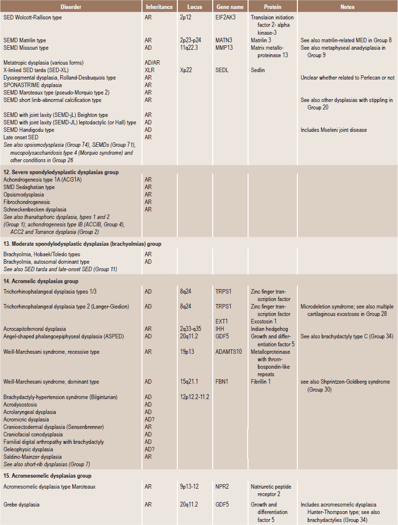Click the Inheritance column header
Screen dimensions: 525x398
tap(159, 7)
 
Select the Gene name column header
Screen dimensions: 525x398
tap(229, 7)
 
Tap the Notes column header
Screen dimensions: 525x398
tap(347, 7)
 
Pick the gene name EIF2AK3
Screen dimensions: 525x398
tap(227, 17)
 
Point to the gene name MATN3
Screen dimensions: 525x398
tap(225, 40)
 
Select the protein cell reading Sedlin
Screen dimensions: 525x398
tap(258, 70)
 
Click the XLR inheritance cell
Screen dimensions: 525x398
tap(149, 70)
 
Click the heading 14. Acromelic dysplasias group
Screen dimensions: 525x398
tap(37, 281)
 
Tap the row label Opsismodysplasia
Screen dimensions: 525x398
tap(24, 195)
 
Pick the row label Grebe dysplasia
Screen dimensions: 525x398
tap(21, 504)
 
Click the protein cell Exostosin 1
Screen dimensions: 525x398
tap(265, 321)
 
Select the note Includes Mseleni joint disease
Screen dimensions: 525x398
tap(334, 130)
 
